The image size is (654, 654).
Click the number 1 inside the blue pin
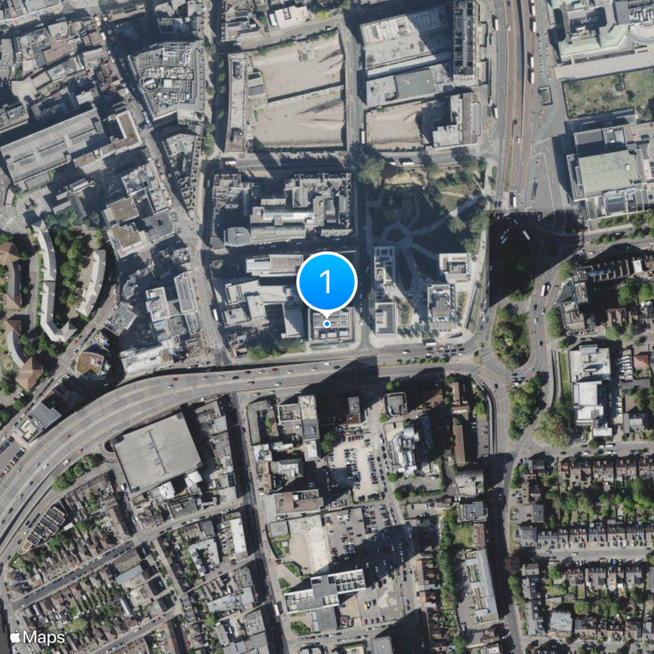point(327,282)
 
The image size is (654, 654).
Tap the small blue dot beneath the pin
point(327,324)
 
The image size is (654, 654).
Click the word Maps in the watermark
point(43,637)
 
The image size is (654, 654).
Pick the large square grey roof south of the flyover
point(156,452)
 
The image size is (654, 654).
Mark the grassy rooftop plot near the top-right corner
point(608,92)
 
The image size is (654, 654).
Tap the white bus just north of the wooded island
point(544,289)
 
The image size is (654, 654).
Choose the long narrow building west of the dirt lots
point(237,102)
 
